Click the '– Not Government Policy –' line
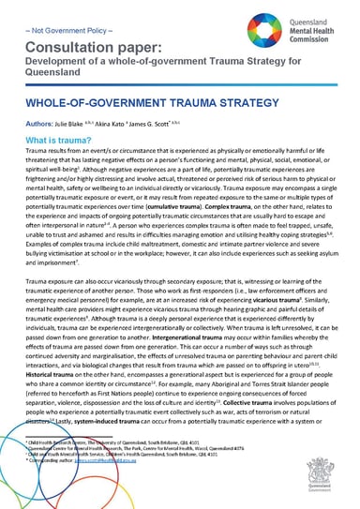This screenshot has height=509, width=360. [x=56, y=27]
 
